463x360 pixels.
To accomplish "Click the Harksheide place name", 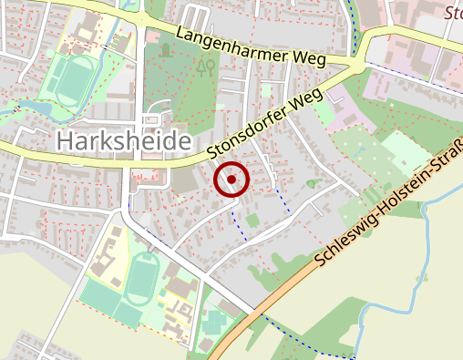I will pos(124,141).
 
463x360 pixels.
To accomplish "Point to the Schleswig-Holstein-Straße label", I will pos(392,200).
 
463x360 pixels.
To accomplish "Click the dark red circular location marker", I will pos(231,180).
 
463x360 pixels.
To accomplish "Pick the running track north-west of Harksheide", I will pos(74,80).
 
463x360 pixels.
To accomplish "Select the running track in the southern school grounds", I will pos(144,278).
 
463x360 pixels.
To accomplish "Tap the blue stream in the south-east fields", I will pos(365,319).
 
